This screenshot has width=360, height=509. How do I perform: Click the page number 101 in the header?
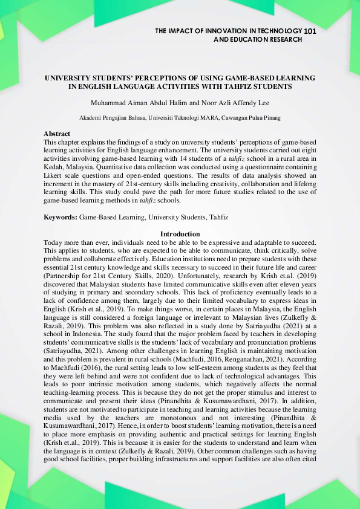click(x=310, y=30)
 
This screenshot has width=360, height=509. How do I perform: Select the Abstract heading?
click(x=57, y=134)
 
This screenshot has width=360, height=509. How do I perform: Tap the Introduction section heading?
click(x=180, y=234)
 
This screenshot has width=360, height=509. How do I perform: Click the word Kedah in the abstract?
click(x=53, y=163)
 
